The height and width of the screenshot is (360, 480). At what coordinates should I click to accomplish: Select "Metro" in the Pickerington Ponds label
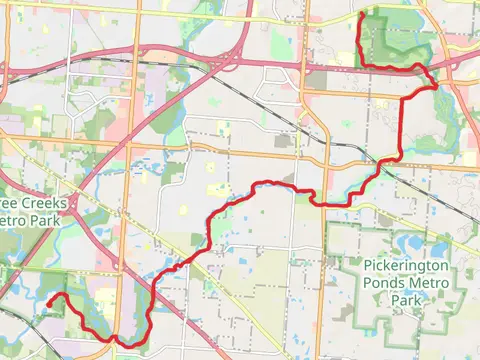428,284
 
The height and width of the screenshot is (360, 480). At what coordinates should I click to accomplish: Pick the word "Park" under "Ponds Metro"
405,300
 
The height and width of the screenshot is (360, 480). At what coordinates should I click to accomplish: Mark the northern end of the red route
359,16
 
